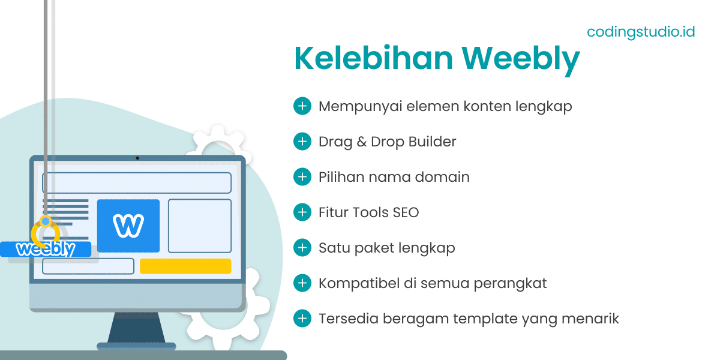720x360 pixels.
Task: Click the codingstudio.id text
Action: (x=641, y=31)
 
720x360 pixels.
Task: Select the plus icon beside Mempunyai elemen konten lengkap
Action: (x=302, y=106)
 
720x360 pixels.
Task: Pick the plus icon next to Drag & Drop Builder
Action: (x=302, y=142)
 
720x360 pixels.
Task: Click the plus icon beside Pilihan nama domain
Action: (x=302, y=177)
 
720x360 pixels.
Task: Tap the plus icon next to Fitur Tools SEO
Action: (x=302, y=212)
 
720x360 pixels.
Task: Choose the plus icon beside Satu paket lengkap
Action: (x=302, y=247)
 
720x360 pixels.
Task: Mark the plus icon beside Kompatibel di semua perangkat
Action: (x=302, y=283)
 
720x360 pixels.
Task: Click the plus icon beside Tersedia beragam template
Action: (x=302, y=318)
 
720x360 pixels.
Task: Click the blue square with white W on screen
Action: (x=128, y=226)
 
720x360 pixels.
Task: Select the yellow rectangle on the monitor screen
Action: (x=185, y=266)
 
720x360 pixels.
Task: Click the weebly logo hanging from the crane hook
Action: (x=46, y=249)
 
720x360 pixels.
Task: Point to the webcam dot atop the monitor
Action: (x=137, y=158)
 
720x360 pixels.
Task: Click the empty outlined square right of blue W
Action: (x=199, y=226)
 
